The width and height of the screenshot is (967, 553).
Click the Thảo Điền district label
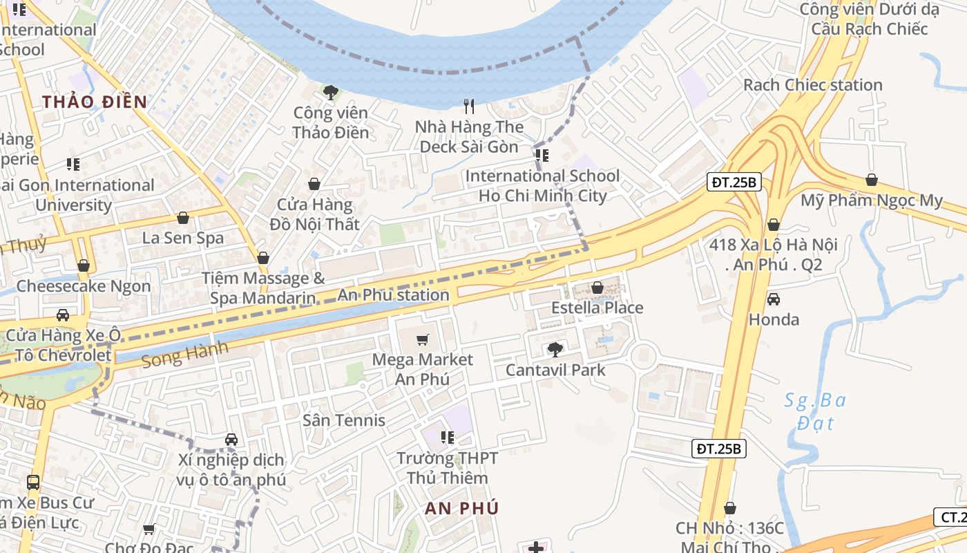point(95,102)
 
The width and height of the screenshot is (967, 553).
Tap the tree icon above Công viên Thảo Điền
point(331,92)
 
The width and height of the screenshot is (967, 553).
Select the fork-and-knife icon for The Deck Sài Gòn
point(469,106)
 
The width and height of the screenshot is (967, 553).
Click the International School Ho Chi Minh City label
point(542,185)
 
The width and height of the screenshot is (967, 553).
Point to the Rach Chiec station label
point(812,85)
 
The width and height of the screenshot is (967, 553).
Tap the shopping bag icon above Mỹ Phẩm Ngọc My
point(872,180)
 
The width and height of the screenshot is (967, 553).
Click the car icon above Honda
point(774,299)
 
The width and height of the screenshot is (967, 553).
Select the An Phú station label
point(393,295)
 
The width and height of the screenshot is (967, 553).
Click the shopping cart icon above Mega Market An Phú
point(423,339)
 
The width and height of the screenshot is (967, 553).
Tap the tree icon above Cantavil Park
point(555,349)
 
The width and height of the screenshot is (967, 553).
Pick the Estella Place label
point(597,308)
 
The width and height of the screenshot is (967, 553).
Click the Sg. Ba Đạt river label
point(816,411)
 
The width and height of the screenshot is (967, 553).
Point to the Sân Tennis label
point(343,420)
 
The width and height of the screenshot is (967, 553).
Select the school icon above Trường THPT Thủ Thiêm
point(448,437)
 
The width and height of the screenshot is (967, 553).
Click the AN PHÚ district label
point(461,508)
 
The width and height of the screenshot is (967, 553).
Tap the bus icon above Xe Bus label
point(33,482)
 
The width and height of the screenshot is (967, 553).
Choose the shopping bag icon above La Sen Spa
point(183,218)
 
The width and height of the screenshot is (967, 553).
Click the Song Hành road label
point(184,355)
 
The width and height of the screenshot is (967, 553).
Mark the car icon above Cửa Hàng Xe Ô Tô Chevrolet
point(63,315)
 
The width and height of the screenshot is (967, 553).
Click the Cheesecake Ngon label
point(83,286)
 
